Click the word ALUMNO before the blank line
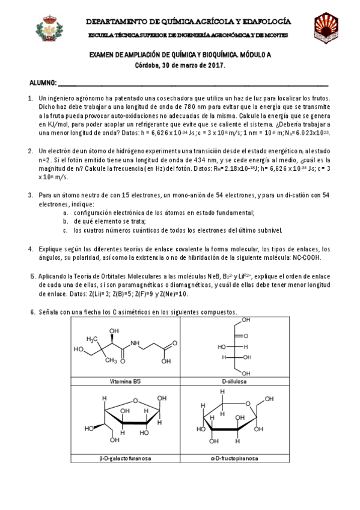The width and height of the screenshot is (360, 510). [43, 82]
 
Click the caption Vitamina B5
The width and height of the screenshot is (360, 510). [125, 381]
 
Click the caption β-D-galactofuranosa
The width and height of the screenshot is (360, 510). [125, 458]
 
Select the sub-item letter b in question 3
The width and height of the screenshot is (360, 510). [65, 221]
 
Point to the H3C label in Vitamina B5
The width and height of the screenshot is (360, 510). [91, 339]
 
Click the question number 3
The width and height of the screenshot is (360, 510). [31, 195]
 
